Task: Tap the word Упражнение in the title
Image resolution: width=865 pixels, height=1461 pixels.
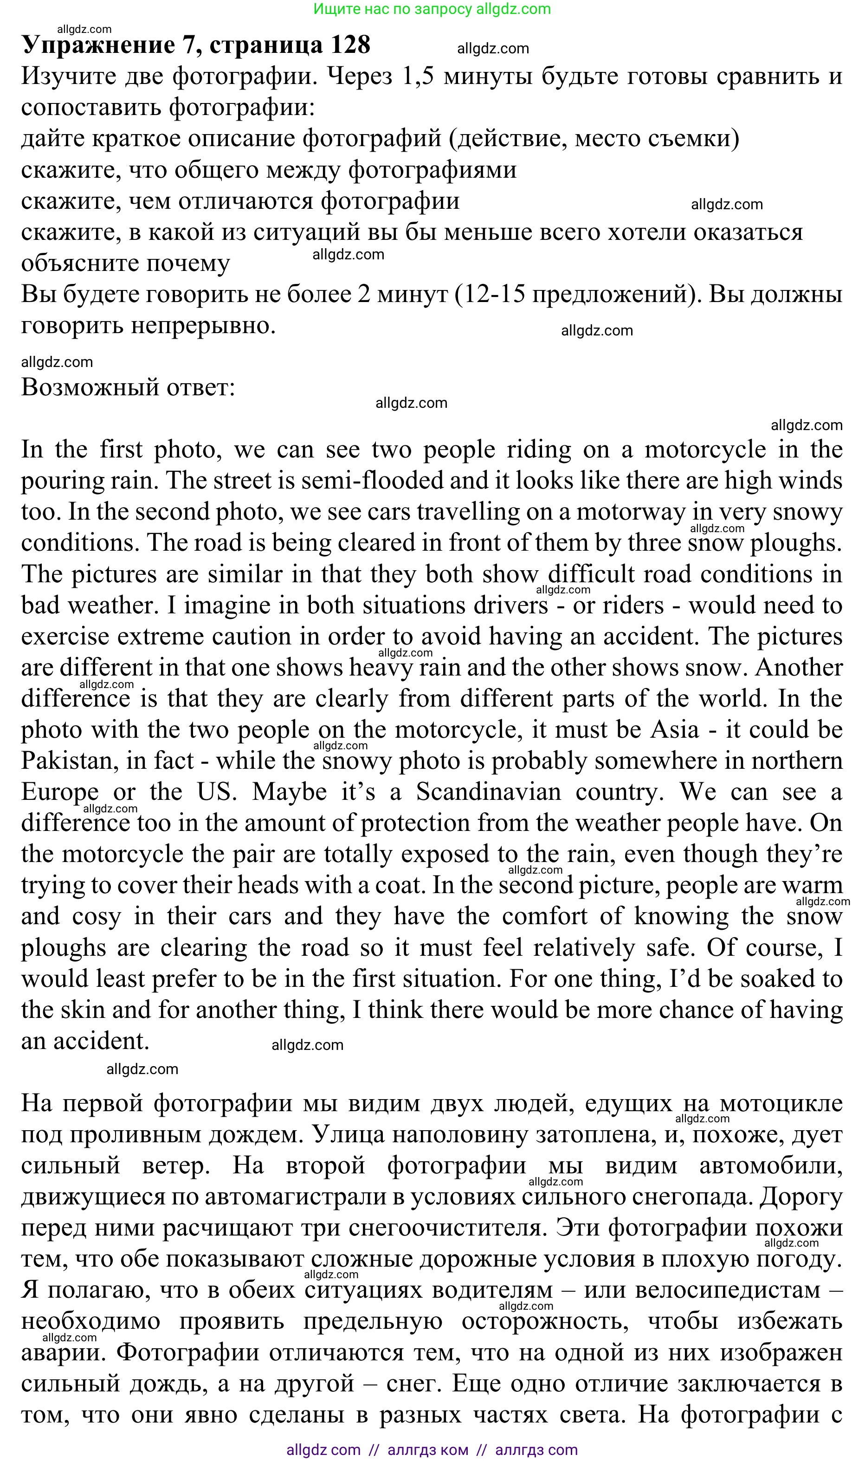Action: (x=98, y=45)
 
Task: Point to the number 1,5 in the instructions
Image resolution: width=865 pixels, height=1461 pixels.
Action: (x=418, y=77)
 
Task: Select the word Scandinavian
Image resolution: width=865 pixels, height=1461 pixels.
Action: (x=489, y=792)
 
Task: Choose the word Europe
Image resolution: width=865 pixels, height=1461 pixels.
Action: (x=59, y=792)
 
